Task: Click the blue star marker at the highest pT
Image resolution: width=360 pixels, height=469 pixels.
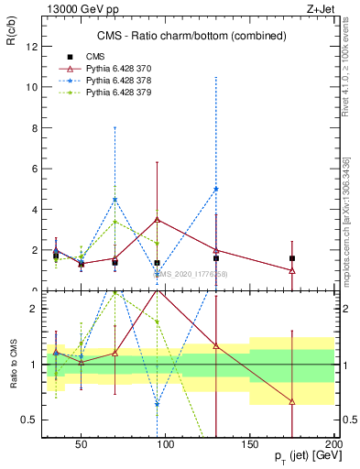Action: click(216, 189)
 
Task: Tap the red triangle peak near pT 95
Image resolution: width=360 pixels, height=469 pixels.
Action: click(158, 220)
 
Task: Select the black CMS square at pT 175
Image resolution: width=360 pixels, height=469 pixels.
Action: click(291, 258)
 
